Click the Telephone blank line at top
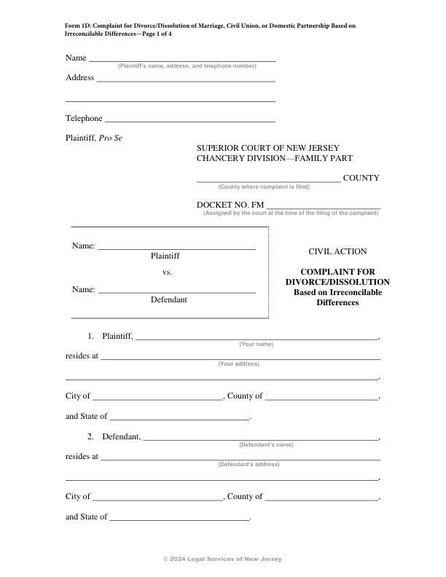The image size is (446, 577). pos(189,120)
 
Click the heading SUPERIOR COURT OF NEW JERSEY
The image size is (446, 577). pos(268,148)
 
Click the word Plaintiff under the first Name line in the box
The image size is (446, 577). pos(165,256)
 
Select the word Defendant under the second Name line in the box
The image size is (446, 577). pos(168,299)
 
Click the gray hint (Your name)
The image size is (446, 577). pos(256,344)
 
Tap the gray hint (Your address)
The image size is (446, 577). pos(238,364)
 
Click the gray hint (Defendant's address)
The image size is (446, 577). pos(249,464)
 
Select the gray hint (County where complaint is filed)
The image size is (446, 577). pos(264,187)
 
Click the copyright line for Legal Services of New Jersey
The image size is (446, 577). pos(222,559)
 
